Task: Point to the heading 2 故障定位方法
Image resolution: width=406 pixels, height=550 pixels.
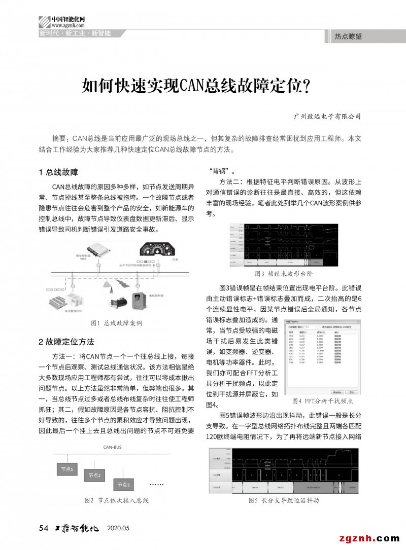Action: [x=66, y=341]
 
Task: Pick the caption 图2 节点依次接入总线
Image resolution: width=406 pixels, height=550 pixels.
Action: [x=116, y=500]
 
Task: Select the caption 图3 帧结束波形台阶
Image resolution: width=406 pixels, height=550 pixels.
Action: [x=284, y=274]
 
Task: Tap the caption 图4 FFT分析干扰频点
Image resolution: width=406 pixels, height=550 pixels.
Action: [x=322, y=401]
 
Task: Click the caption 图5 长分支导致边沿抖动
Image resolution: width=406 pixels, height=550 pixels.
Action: [x=284, y=500]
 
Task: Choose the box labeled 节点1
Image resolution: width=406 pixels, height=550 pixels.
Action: [x=67, y=469]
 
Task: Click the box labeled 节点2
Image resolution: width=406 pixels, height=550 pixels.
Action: [x=95, y=475]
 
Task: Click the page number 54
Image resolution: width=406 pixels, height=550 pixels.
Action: [x=43, y=528]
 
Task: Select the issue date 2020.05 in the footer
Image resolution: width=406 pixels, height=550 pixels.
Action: [x=118, y=528]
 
